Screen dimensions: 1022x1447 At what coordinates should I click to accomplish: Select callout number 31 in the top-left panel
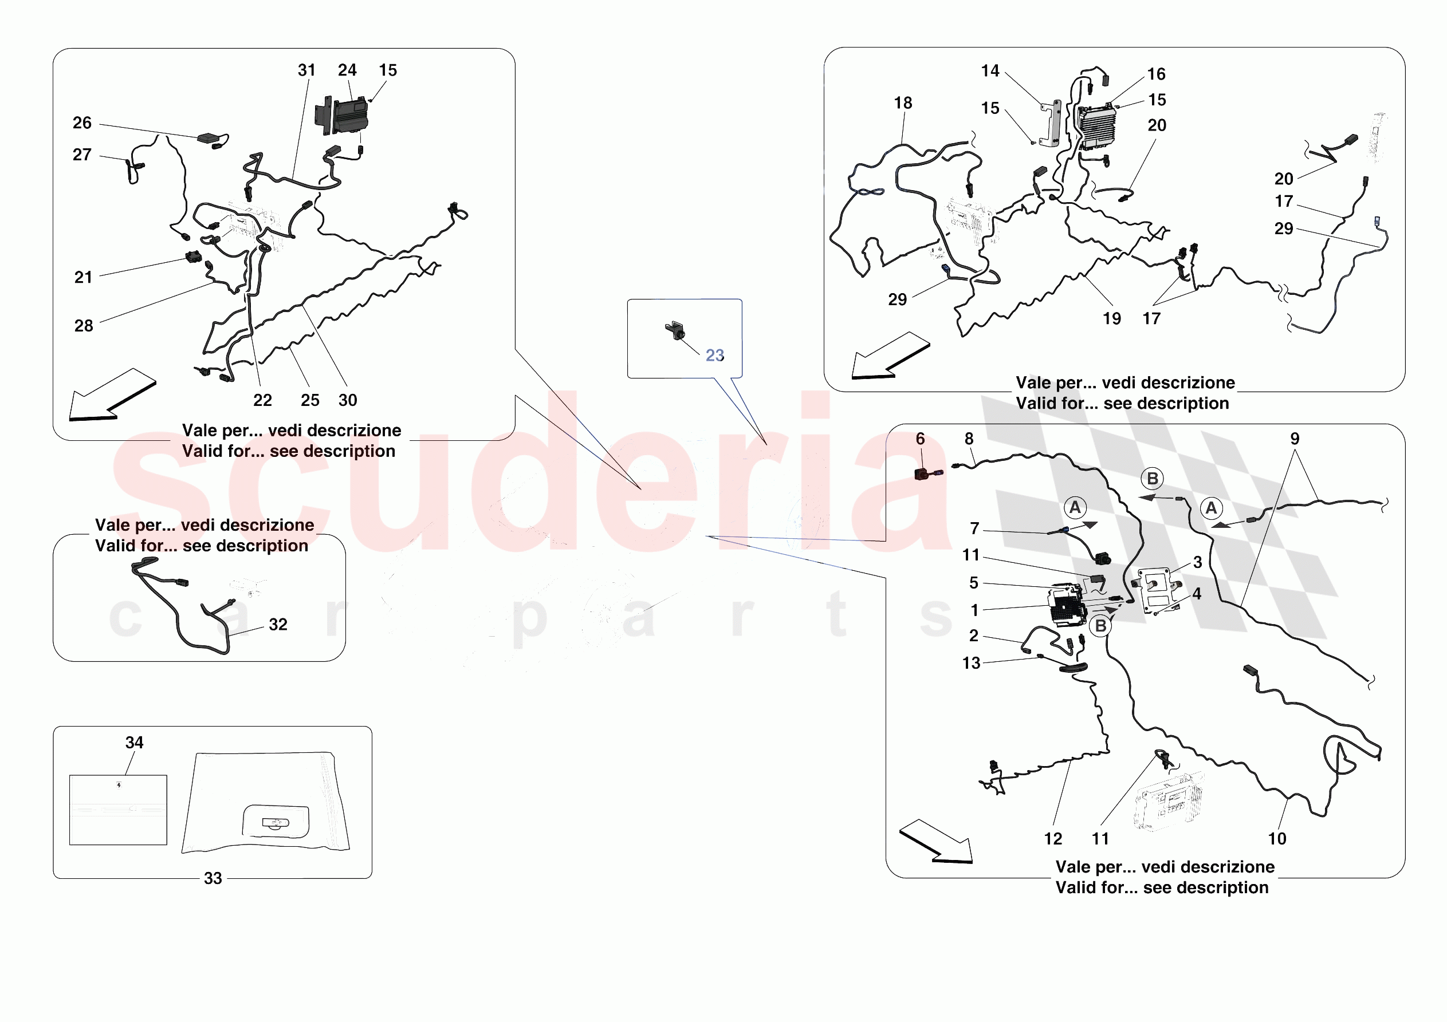[x=306, y=70]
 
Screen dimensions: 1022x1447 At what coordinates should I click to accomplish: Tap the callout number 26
[x=82, y=123]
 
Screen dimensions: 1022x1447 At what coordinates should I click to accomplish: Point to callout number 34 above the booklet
[x=134, y=742]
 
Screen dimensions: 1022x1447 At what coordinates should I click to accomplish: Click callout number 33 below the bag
[x=213, y=878]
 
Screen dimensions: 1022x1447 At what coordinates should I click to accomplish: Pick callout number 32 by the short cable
[x=278, y=625]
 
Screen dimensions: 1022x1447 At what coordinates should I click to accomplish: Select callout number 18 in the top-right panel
[x=902, y=102]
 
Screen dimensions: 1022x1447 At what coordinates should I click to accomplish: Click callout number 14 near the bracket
[x=989, y=70]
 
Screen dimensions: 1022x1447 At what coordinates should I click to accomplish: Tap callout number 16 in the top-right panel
[x=1156, y=74]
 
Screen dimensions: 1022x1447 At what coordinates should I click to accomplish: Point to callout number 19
[x=1112, y=319]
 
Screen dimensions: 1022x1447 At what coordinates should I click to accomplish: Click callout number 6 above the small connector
[x=920, y=439]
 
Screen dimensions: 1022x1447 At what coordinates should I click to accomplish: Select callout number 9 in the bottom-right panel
[x=1295, y=439]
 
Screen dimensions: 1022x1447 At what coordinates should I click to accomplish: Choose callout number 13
[x=970, y=663]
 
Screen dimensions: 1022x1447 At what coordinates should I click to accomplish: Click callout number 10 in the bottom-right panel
[x=1277, y=839]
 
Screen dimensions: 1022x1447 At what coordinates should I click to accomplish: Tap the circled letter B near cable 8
[x=1152, y=478]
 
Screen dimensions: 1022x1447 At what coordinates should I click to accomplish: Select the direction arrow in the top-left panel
[x=112, y=395]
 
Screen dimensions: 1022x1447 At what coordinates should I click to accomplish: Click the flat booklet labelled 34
[x=118, y=810]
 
